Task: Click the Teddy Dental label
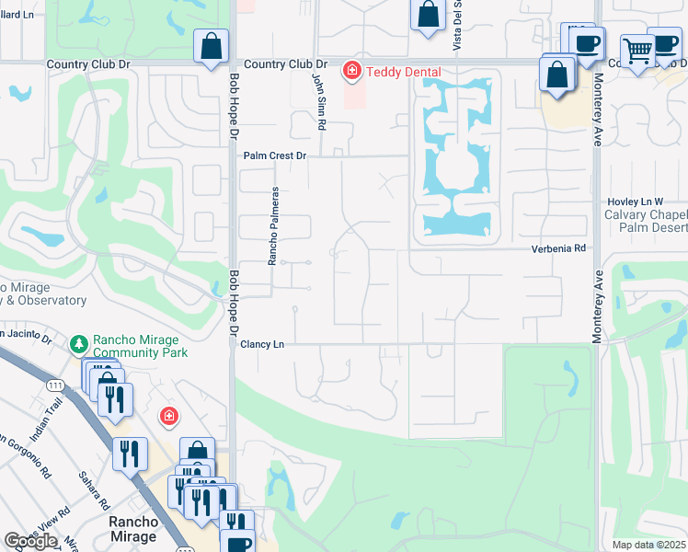click(x=404, y=72)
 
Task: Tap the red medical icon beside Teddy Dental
click(x=351, y=70)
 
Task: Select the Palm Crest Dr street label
click(x=274, y=156)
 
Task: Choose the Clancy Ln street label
click(x=261, y=344)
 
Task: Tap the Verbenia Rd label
click(x=557, y=249)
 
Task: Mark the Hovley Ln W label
click(x=635, y=201)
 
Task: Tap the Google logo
click(x=30, y=541)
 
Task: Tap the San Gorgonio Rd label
click(x=24, y=455)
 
